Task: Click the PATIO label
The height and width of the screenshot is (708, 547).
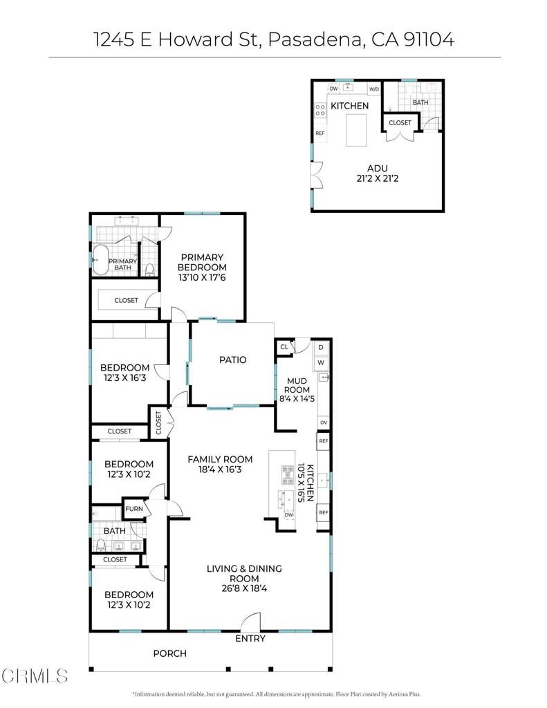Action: (232, 360)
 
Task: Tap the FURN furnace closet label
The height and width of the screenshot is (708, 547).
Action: (133, 510)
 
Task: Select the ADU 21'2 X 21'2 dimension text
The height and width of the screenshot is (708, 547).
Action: (377, 178)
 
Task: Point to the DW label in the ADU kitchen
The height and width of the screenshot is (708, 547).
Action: (333, 88)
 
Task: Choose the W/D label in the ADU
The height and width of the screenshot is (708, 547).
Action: (373, 89)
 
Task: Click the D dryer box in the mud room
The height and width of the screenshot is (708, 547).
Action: (321, 347)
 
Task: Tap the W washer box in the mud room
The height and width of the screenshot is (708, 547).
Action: (321, 362)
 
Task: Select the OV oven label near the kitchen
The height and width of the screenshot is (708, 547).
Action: (323, 422)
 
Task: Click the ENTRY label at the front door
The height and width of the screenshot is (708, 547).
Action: (250, 639)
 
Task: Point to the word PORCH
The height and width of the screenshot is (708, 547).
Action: (169, 653)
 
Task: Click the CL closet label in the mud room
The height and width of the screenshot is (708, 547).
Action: (284, 347)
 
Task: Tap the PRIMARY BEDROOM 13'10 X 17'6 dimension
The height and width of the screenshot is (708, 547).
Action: (202, 277)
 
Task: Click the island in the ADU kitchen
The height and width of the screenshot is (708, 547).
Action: (356, 130)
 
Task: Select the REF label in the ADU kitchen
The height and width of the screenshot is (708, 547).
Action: (320, 133)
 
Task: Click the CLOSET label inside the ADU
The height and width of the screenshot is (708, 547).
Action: (400, 123)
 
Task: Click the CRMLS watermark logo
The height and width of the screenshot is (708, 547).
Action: (35, 674)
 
